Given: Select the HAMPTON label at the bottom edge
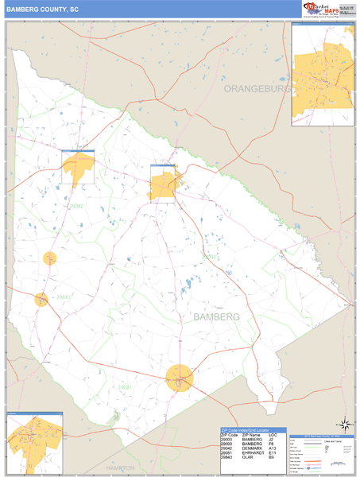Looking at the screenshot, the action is [x=120, y=468].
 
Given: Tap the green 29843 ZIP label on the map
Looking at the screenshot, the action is [x=63, y=298].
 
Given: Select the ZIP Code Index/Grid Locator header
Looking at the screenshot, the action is [x=251, y=429].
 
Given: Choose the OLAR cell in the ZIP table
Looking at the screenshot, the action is [x=249, y=459].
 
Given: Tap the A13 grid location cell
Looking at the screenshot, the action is [x=273, y=449].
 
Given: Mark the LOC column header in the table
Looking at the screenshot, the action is [x=273, y=435].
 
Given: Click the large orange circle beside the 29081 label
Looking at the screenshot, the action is [x=180, y=378].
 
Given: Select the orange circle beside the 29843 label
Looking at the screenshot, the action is [x=41, y=299].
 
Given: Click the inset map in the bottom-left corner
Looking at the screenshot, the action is [x=34, y=443].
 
